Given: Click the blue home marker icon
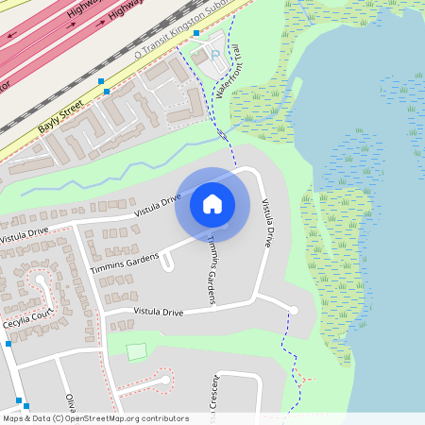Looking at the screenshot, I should [212, 203].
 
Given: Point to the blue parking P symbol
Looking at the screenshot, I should [215, 54].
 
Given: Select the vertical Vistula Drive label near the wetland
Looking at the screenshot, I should [269, 223].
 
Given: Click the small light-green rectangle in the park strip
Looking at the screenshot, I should [137, 352].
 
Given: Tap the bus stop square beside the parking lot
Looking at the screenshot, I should [196, 33].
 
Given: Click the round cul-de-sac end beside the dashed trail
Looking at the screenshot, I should [293, 310].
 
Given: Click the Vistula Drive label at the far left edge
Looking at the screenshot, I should [23, 232].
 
